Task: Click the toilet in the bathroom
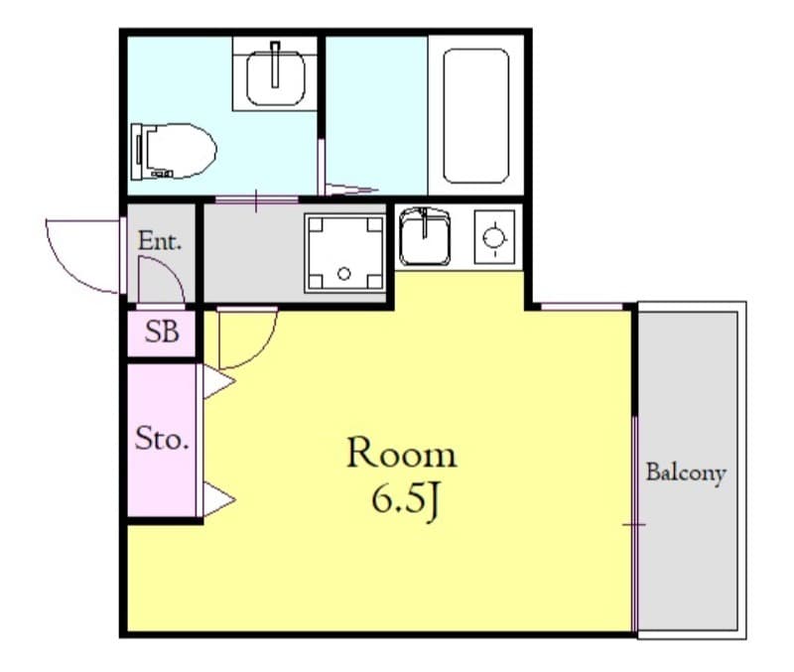click(x=175, y=150)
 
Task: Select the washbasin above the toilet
click(x=275, y=74)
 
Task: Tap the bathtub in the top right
click(x=475, y=115)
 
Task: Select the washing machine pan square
click(x=343, y=253)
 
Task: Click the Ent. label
click(x=159, y=241)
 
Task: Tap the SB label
click(x=162, y=333)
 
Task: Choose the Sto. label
click(x=162, y=439)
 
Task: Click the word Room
click(x=401, y=455)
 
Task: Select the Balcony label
click(x=686, y=472)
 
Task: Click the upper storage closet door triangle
click(x=217, y=382)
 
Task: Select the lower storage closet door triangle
click(x=217, y=498)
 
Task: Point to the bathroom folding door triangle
click(x=350, y=188)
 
